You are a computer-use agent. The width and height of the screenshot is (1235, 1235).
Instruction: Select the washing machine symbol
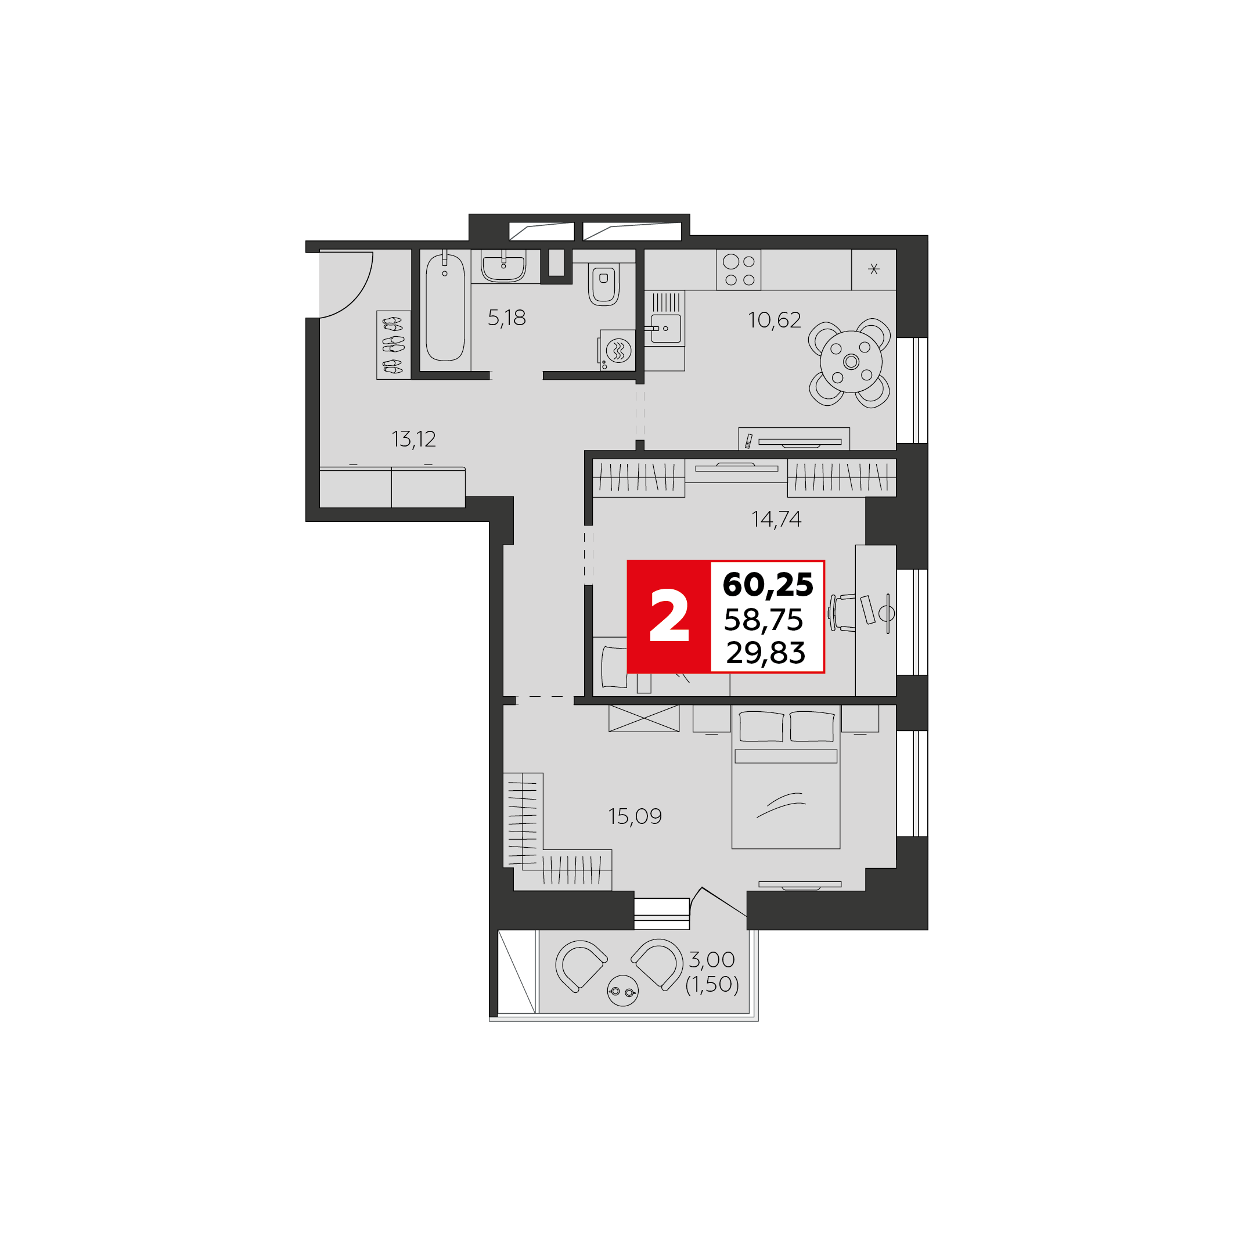[618, 350]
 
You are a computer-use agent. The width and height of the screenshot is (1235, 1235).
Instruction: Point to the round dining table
[851, 362]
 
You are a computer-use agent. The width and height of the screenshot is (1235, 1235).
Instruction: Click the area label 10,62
[774, 319]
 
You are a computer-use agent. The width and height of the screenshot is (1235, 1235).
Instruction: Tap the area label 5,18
[506, 318]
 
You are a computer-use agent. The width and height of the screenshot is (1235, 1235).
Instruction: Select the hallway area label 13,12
[413, 439]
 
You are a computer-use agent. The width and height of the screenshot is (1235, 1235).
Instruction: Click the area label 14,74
[776, 519]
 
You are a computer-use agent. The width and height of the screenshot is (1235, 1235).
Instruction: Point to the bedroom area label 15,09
[635, 816]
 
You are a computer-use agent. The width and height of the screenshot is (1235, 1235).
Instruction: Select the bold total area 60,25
[768, 584]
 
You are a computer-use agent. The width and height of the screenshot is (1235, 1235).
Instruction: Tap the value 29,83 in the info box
[765, 653]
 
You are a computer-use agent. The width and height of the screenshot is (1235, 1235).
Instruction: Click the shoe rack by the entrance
[393, 345]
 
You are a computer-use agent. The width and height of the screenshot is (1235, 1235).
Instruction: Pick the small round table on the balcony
[622, 991]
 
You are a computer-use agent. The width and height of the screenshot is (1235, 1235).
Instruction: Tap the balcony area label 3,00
[711, 959]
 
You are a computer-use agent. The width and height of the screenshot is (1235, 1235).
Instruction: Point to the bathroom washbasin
[504, 268]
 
